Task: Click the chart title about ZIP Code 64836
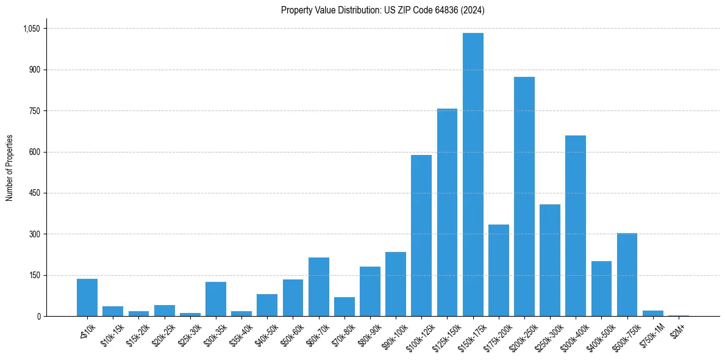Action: (x=382, y=10)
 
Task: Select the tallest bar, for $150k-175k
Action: (x=473, y=175)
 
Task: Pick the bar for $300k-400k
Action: (x=576, y=226)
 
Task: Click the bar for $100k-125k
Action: (x=421, y=236)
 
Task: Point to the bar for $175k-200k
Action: (x=498, y=270)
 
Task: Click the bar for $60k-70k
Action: (x=318, y=287)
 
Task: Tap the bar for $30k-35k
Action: (x=216, y=299)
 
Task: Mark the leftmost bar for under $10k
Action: (x=87, y=297)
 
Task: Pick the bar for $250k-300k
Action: (x=550, y=260)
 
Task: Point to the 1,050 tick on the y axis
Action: (x=31, y=29)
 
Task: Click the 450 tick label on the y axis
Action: (x=34, y=193)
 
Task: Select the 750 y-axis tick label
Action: (x=34, y=111)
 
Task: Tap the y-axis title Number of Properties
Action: (x=10, y=168)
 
